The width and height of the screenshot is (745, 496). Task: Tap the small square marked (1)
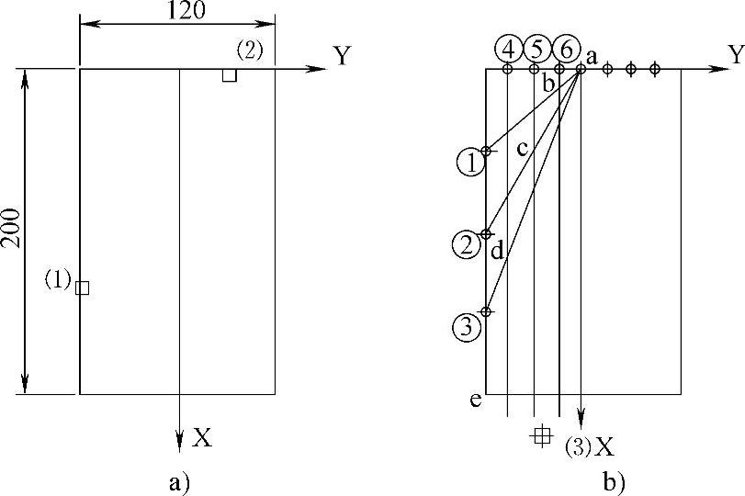click(x=83, y=287)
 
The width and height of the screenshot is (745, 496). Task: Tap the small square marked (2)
click(x=229, y=75)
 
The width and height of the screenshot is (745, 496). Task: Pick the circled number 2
click(x=467, y=244)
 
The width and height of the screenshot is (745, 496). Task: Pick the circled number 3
click(x=467, y=326)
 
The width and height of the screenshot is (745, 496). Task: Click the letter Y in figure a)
click(x=342, y=57)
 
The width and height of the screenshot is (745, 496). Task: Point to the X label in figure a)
click(x=203, y=438)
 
